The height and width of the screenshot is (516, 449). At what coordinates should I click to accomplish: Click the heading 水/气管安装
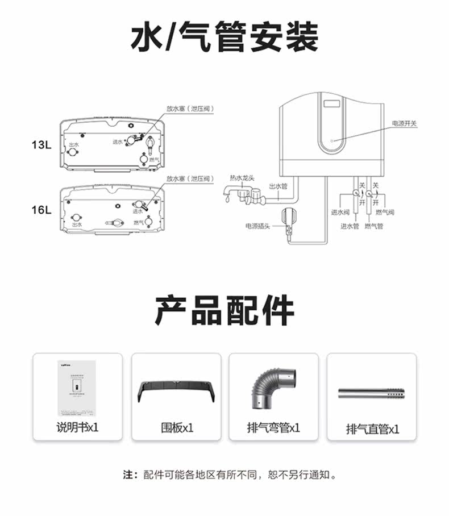tap(224, 37)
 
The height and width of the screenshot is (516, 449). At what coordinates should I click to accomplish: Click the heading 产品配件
tap(224, 310)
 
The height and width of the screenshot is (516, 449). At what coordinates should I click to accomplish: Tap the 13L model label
tap(41, 145)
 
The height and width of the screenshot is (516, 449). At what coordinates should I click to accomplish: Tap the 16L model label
tap(41, 209)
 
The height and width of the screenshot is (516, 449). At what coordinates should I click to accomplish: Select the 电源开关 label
tap(404, 123)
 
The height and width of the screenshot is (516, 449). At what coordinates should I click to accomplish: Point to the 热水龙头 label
tap(242, 178)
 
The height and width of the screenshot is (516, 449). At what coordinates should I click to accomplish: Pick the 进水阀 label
tap(340, 212)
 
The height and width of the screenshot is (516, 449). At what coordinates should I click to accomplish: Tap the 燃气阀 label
tap(385, 212)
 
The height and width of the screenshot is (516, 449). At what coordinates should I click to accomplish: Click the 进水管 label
tap(350, 226)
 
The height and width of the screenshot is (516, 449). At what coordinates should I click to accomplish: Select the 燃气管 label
tap(373, 226)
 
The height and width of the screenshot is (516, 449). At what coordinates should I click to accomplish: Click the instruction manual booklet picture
tap(77, 386)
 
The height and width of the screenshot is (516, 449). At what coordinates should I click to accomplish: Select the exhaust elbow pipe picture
tap(273, 388)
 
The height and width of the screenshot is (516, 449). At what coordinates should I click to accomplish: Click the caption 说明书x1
tap(77, 427)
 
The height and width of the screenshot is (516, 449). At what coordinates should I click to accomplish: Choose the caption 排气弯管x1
tap(273, 427)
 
